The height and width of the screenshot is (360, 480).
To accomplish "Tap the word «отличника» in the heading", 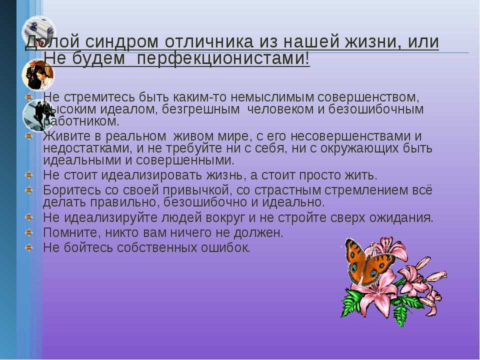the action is pyautogui.click(x=209, y=42).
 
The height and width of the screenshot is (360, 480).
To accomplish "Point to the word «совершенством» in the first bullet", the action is pyautogui.click(x=367, y=97).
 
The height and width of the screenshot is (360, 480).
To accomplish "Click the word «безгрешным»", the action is pyautogui.click(x=201, y=109).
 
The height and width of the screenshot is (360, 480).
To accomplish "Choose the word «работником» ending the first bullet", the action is pyautogui.click(x=81, y=121).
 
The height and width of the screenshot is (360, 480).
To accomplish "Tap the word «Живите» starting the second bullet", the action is pyautogui.click(x=63, y=136).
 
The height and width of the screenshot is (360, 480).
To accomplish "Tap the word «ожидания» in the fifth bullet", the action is pyautogui.click(x=401, y=218).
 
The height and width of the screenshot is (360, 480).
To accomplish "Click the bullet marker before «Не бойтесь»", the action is pyautogui.click(x=29, y=246).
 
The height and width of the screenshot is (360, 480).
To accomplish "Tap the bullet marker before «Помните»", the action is pyautogui.click(x=29, y=232).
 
